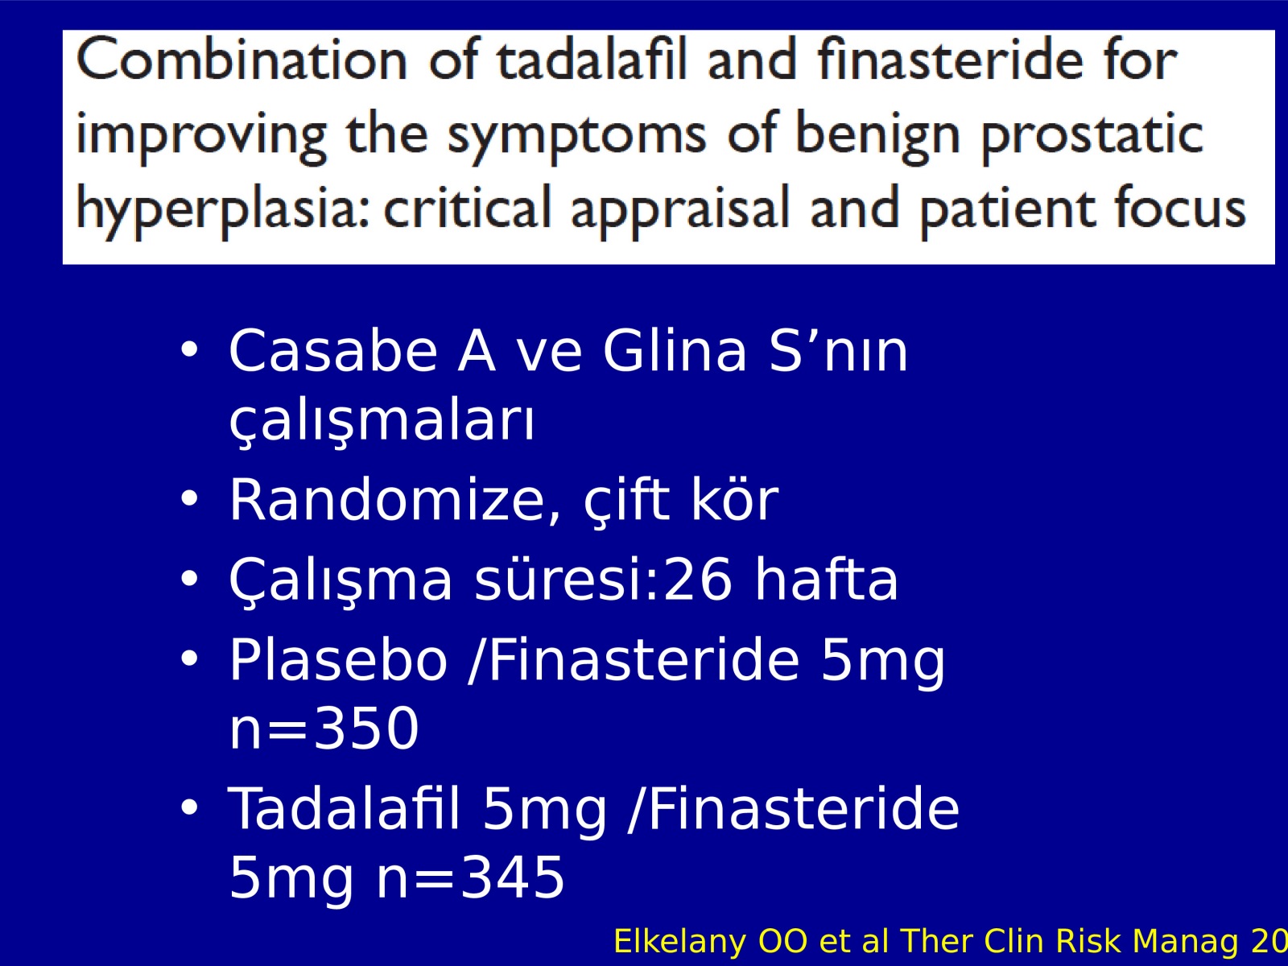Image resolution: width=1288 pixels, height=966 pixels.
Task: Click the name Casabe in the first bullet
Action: pos(333,351)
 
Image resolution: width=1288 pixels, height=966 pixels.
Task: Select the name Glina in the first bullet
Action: pos(675,351)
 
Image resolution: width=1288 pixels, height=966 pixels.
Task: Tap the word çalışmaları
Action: pos(382,423)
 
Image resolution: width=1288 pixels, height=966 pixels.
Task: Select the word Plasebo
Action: pos(338,659)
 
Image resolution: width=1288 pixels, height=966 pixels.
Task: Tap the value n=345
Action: pos(470,877)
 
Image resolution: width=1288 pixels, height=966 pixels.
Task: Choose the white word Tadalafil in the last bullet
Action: pos(343,808)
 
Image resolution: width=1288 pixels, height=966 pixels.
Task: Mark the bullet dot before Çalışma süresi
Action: pos(189,579)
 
